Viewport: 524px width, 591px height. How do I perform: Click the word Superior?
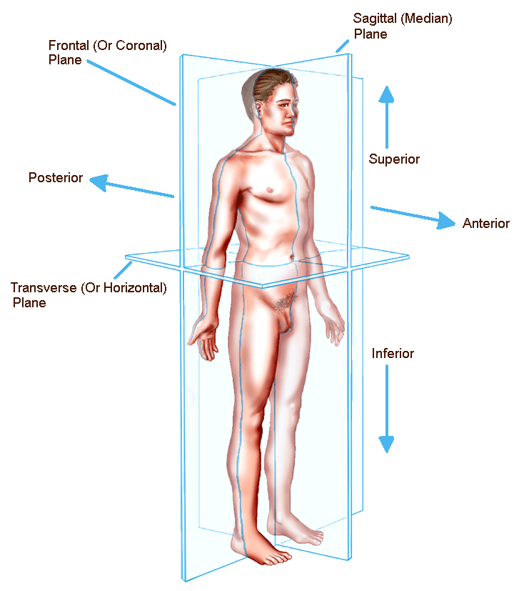click(x=394, y=159)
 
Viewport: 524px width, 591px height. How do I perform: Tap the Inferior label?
click(x=393, y=353)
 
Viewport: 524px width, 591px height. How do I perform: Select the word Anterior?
click(x=485, y=223)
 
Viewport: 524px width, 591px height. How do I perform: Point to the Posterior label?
click(x=56, y=177)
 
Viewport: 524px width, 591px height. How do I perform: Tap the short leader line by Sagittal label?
click(x=343, y=45)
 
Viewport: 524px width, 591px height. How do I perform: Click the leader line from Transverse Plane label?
click(x=123, y=271)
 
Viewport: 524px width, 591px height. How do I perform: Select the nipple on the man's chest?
click(x=268, y=190)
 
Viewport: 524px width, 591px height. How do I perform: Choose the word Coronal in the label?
click(x=143, y=46)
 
